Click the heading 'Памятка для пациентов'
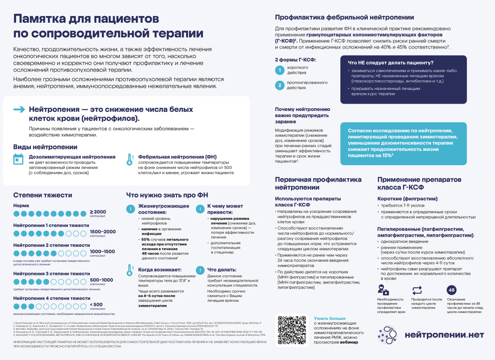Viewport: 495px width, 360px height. coord(86,19)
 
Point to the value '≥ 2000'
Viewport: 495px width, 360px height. coord(98,212)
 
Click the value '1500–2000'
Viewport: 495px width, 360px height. coord(102,232)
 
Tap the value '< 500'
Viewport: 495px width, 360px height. coord(96,304)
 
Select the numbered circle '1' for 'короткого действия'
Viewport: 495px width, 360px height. coord(279,70)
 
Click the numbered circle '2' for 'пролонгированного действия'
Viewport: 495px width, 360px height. coord(279,85)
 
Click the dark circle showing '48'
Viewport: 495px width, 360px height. coord(452,290)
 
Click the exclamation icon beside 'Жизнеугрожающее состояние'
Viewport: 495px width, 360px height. coord(130,209)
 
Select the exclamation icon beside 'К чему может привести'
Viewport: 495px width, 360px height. coord(199,209)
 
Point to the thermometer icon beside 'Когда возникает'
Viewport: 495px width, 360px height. coord(130,270)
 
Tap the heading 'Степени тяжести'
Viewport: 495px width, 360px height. coord(43,195)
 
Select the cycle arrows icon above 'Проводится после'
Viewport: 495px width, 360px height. coord(417,290)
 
